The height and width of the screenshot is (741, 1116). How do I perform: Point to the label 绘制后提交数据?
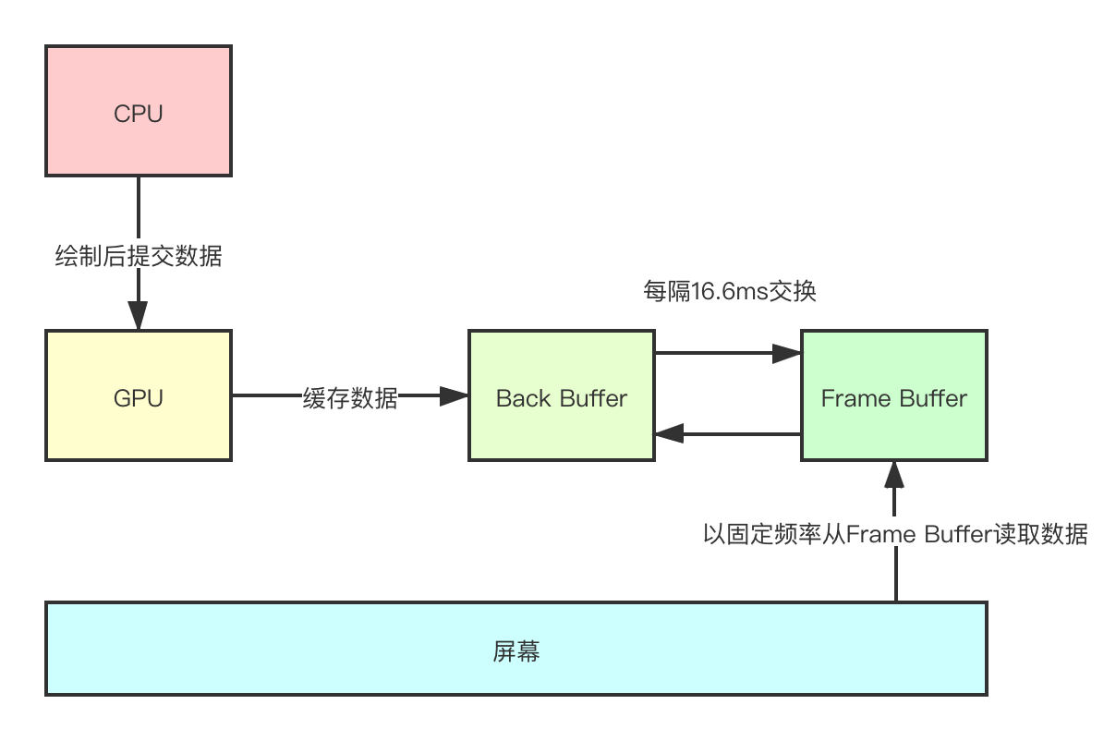point(139,256)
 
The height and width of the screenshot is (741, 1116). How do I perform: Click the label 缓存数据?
point(350,398)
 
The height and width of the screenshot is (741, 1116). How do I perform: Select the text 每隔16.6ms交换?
point(729,292)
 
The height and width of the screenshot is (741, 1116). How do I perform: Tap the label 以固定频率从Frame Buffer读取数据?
point(895,534)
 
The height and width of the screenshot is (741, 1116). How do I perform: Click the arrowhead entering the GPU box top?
point(139,318)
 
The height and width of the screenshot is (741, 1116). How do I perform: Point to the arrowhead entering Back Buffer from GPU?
point(455,396)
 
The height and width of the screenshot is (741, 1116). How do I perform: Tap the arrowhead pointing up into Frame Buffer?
point(894,474)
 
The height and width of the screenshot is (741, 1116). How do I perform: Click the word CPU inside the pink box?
point(139,114)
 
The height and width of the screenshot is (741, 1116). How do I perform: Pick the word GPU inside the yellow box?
point(139,398)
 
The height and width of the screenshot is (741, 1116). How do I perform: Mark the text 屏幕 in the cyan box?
point(516,651)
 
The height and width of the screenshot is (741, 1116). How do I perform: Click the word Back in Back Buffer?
point(521,398)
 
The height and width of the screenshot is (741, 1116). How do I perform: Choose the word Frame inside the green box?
point(851,398)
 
